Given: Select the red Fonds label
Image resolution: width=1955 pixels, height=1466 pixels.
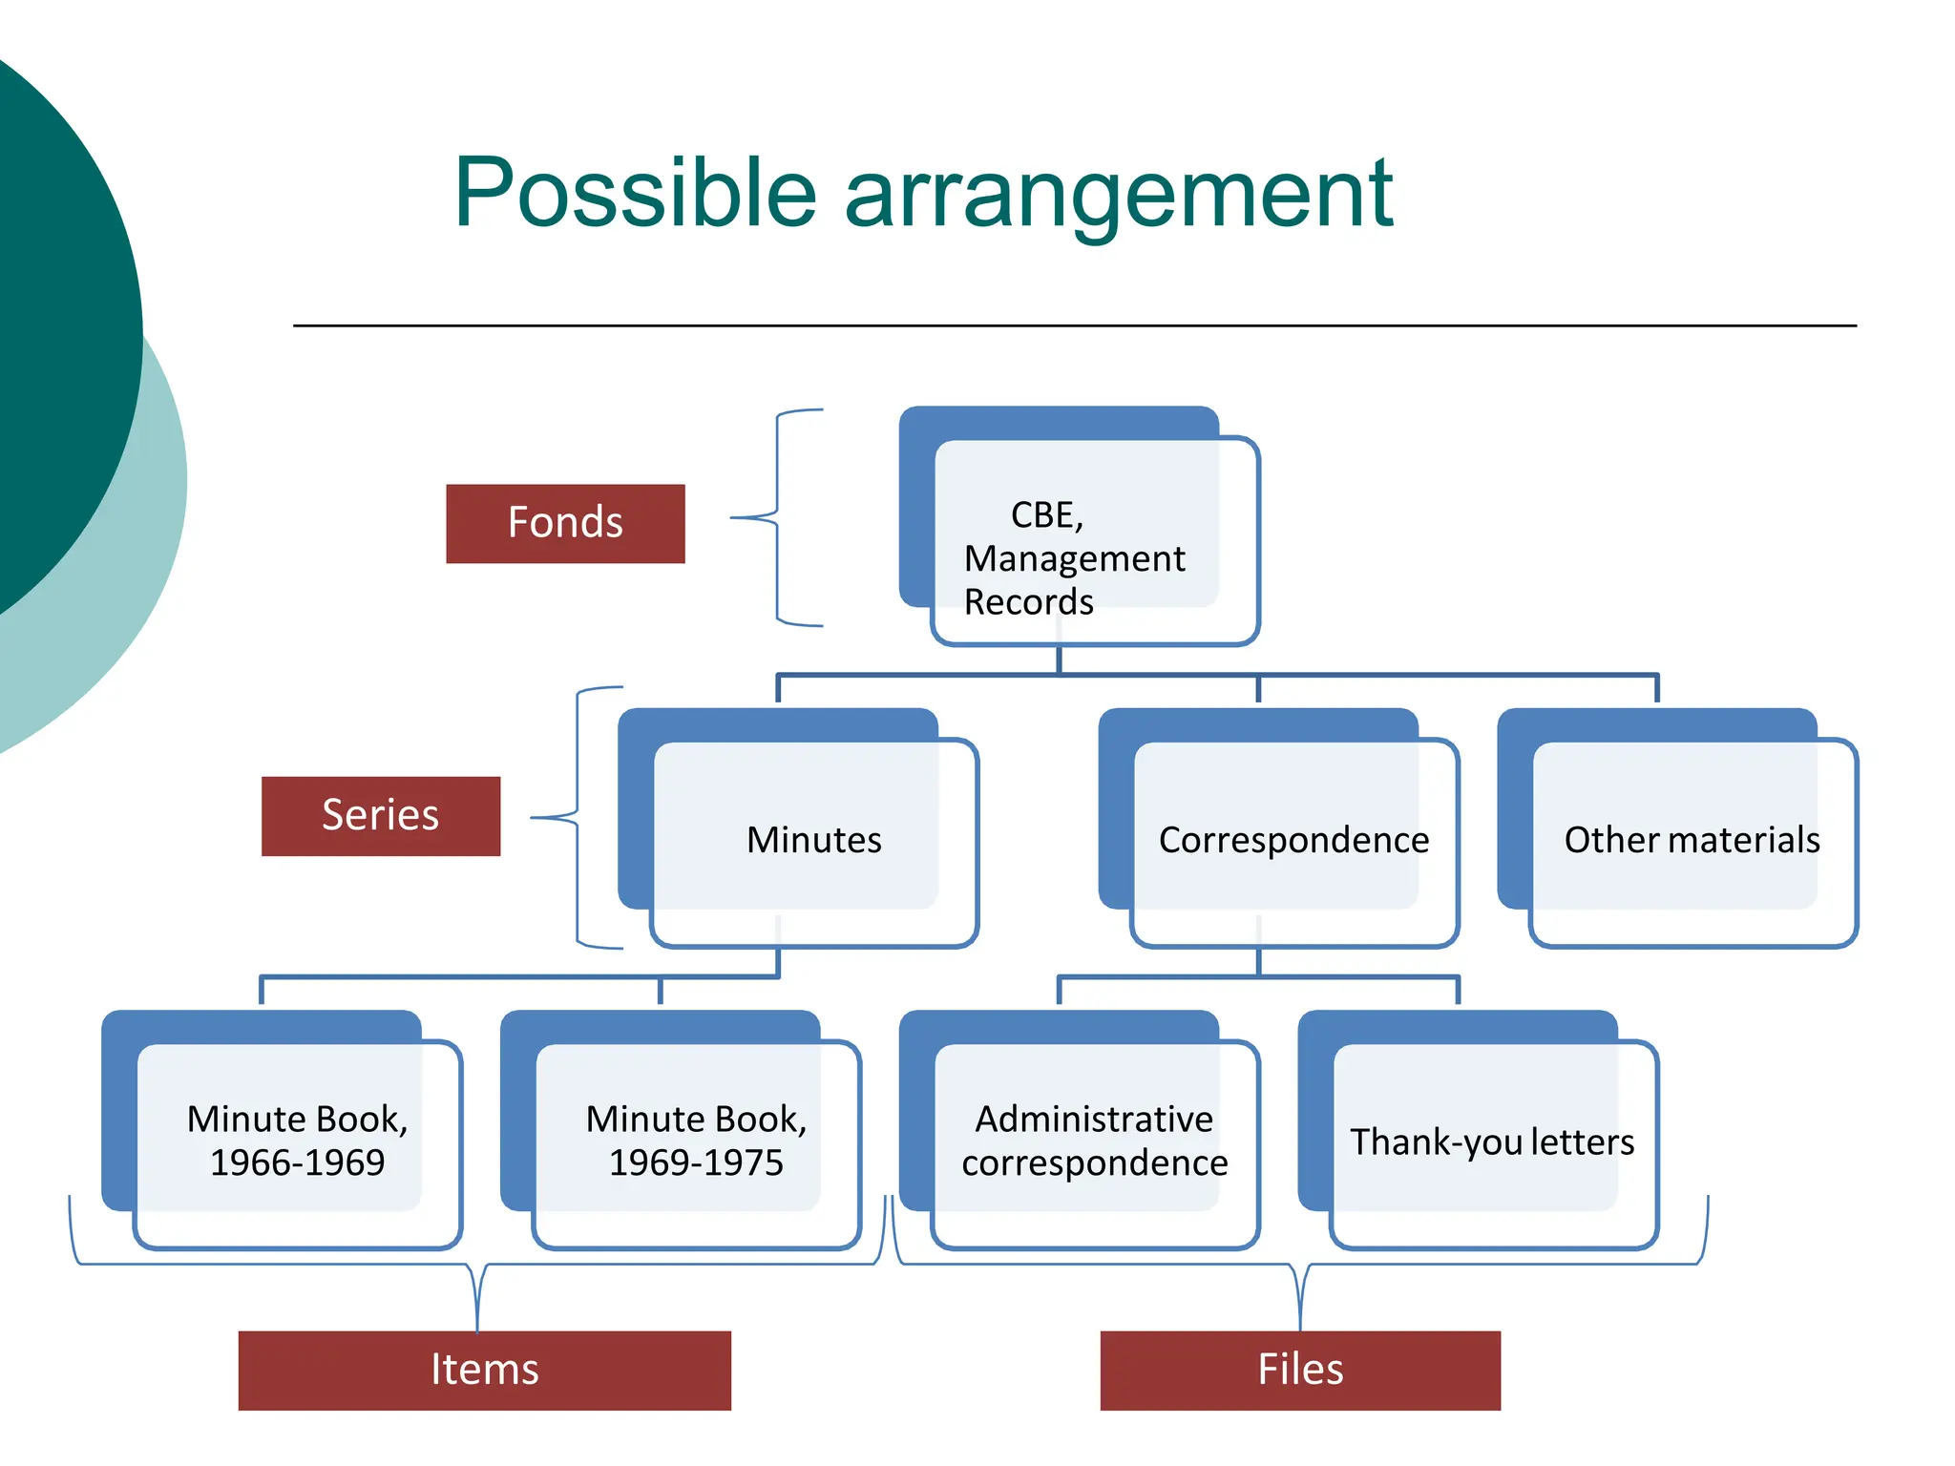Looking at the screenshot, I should click(x=565, y=523).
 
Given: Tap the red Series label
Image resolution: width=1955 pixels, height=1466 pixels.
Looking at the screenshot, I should click(x=380, y=816).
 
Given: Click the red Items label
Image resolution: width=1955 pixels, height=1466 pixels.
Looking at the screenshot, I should click(x=484, y=1370).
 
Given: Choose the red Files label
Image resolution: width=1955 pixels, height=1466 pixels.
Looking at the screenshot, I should click(x=1299, y=1370).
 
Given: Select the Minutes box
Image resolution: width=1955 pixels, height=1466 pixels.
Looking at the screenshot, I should click(x=813, y=840).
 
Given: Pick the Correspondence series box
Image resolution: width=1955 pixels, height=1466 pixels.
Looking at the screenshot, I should click(x=1293, y=840).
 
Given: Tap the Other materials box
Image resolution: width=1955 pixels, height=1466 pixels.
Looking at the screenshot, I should click(x=1692, y=840).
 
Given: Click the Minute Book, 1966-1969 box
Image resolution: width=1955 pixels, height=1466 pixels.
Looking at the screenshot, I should click(x=297, y=1141).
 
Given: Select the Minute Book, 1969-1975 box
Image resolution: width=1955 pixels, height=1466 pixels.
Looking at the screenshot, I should click(x=696, y=1141).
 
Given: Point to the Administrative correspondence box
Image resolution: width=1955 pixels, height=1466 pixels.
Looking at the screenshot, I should click(x=1094, y=1141).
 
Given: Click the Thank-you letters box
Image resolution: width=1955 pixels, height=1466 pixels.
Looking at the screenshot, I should click(x=1492, y=1142).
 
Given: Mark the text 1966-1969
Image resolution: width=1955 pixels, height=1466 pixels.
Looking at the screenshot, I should click(x=297, y=1162).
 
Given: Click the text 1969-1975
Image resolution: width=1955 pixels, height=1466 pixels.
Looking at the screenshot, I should click(x=696, y=1162).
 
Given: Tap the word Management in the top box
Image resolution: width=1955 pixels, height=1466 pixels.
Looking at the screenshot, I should click(x=1074, y=558).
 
